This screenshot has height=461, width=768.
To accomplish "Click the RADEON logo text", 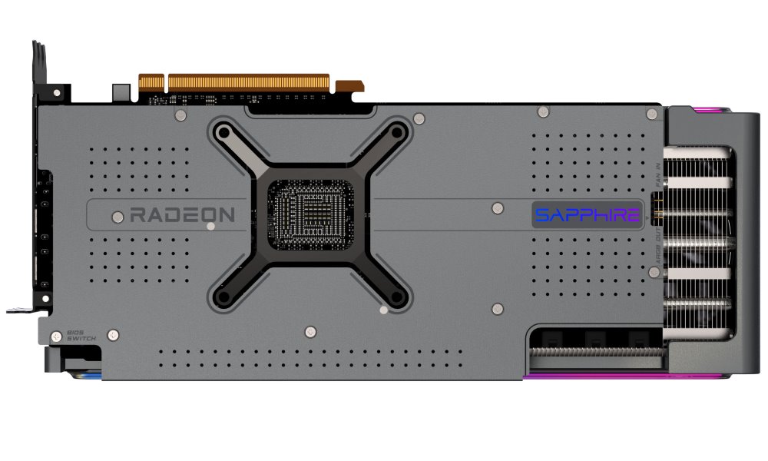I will click(x=182, y=214).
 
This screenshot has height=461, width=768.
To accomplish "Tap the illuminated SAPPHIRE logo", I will click(x=587, y=214).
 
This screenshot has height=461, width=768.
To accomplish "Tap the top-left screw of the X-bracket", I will click(x=222, y=132).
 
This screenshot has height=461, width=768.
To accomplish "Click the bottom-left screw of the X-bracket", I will click(x=222, y=296).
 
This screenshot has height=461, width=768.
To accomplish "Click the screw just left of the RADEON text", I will click(x=115, y=214).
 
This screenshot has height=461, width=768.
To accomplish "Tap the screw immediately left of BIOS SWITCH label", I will click(x=56, y=336).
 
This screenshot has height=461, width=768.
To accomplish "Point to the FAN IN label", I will click(x=658, y=170).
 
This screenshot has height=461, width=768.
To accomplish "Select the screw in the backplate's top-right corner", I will click(x=652, y=114).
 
